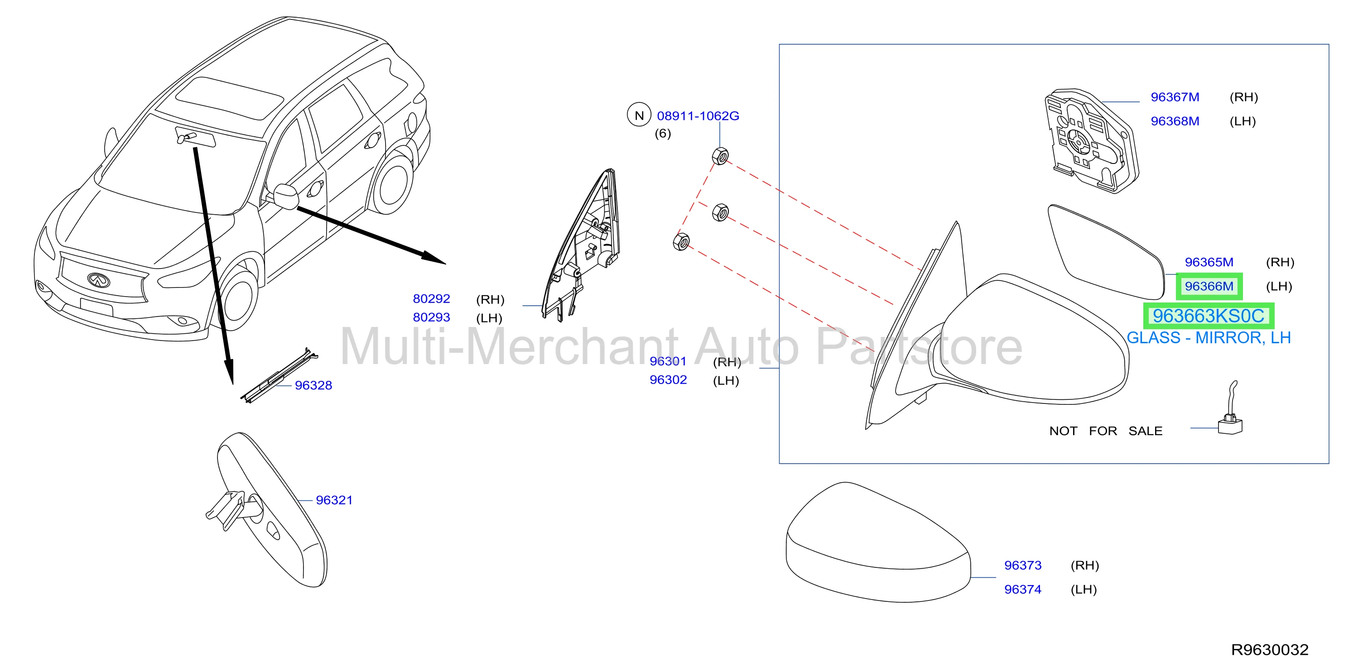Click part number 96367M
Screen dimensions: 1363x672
tap(1175, 97)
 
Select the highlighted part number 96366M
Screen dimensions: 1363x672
tap(1209, 286)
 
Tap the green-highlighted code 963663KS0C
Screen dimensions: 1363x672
tap(1209, 316)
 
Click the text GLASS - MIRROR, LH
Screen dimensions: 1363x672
tap(1209, 338)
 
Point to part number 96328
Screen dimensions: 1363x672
tap(313, 385)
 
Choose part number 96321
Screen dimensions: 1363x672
tap(334, 500)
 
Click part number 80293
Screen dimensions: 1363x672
tap(431, 317)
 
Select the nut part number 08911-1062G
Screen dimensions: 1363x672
tap(698, 116)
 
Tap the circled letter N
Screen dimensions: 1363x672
tap(639, 115)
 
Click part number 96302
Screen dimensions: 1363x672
tap(668, 380)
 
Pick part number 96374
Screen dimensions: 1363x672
tap(1023, 590)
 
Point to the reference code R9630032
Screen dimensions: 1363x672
tap(1270, 650)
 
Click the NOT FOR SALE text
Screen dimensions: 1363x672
tap(1106, 431)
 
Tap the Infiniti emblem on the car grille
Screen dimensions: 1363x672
tap(98, 280)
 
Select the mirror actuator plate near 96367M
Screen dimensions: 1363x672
tap(1092, 140)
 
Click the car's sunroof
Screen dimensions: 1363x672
tap(229, 98)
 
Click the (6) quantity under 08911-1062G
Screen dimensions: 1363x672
tap(662, 133)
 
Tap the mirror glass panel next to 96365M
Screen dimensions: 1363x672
tap(1106, 252)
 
